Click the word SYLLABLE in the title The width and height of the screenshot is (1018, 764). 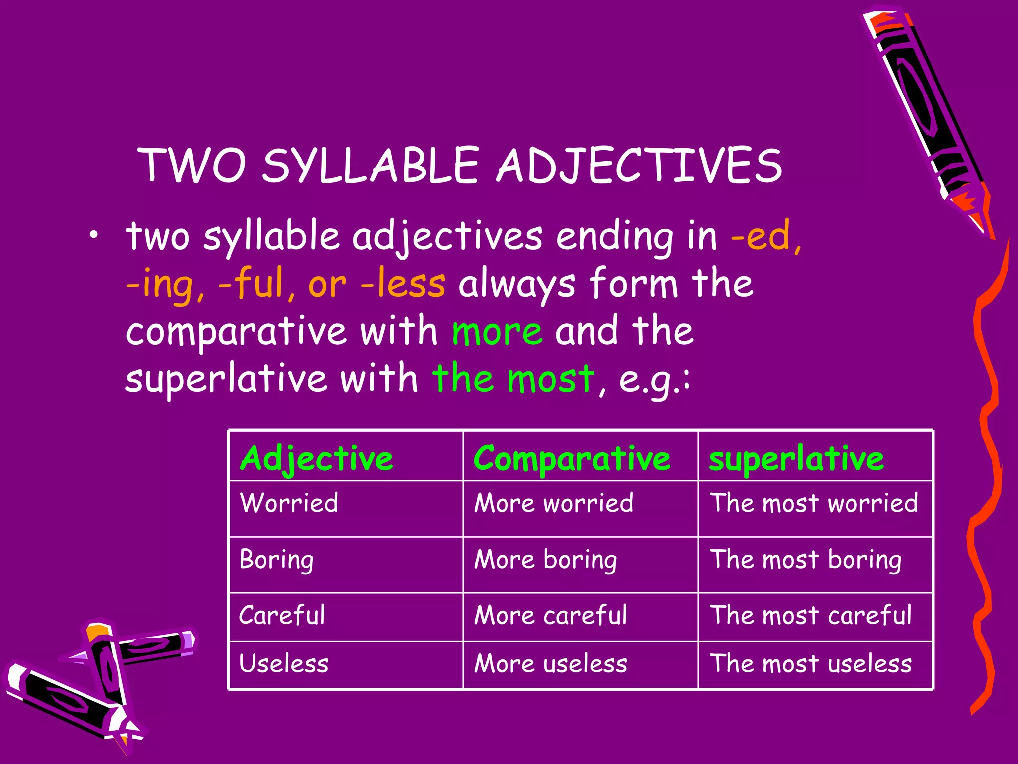[370, 166]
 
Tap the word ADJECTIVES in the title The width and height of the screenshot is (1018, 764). [640, 166]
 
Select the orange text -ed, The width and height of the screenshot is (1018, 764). [766, 236]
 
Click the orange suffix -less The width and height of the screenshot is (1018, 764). [403, 284]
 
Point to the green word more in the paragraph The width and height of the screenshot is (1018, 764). [497, 332]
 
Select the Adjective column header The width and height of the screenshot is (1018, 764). [317, 458]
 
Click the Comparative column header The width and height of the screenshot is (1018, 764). [572, 458]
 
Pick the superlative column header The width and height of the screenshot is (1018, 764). [796, 458]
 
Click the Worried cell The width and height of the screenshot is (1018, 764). [289, 503]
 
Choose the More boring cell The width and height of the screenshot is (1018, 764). [546, 560]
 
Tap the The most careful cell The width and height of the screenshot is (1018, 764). [810, 615]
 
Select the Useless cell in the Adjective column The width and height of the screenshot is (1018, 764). [284, 664]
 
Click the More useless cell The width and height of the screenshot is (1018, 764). [551, 664]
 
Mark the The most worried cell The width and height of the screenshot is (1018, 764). [813, 503]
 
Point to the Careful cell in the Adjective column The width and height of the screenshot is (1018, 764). [282, 615]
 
